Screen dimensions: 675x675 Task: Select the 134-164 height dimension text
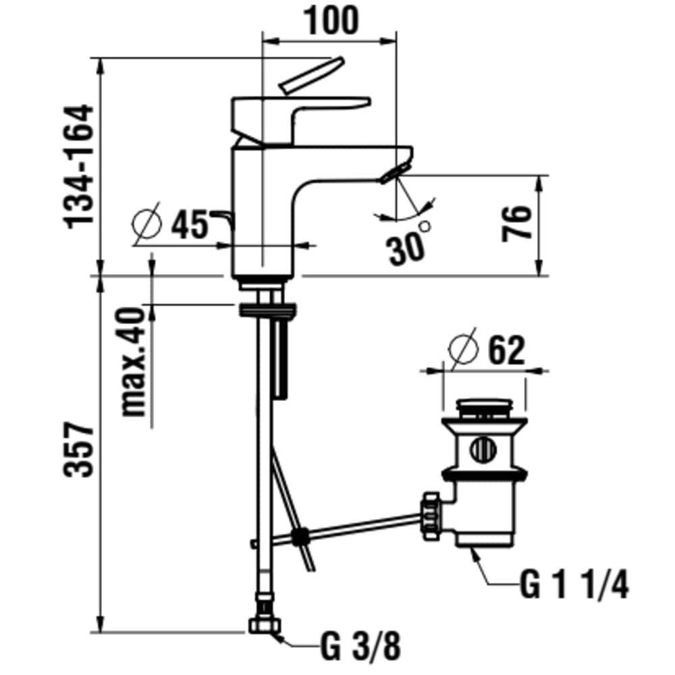point(79,166)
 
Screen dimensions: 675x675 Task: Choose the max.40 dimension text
point(134,362)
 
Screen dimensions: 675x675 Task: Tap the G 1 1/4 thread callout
point(574,585)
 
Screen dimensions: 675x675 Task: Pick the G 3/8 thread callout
point(360,647)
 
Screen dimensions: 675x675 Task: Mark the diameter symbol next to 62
point(463,349)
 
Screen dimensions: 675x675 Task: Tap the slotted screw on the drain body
point(485,450)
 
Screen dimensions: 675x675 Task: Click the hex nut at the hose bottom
point(265,625)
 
